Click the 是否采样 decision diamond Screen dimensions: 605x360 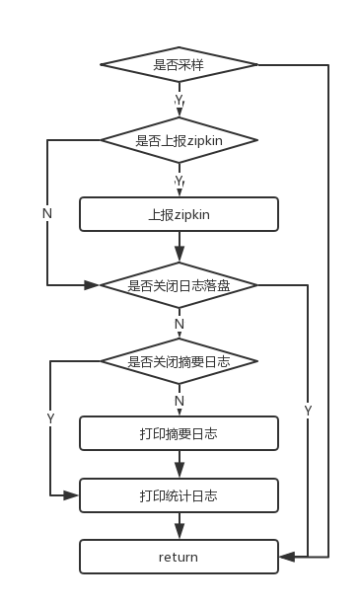pyautogui.click(x=179, y=65)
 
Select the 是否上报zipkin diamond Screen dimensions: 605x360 pyautogui.click(x=179, y=139)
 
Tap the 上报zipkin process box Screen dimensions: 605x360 pyautogui.click(x=179, y=213)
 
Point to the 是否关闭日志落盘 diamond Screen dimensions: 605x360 pyautogui.click(x=179, y=285)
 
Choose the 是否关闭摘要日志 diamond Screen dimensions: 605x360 pyautogui.click(x=179, y=361)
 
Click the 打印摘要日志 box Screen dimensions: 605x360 pyautogui.click(x=179, y=432)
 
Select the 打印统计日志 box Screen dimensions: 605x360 pyautogui.click(x=179, y=494)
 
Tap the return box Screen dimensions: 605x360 pyautogui.click(x=179, y=557)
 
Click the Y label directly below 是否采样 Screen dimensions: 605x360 pyautogui.click(x=179, y=101)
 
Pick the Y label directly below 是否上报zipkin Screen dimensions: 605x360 pyautogui.click(x=179, y=181)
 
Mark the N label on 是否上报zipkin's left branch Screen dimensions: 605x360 pyautogui.click(x=47, y=213)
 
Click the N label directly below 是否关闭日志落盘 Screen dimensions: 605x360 pyautogui.click(x=179, y=324)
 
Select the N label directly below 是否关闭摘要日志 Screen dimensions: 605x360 pyautogui.click(x=179, y=401)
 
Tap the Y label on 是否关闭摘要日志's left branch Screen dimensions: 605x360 pyautogui.click(x=50, y=418)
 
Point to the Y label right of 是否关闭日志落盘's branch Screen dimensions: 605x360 pyautogui.click(x=309, y=411)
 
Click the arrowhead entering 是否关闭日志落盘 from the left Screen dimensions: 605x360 pyautogui.click(x=93, y=285)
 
